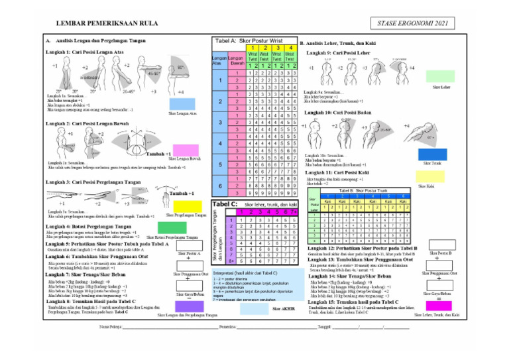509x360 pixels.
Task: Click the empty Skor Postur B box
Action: [440, 261]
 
